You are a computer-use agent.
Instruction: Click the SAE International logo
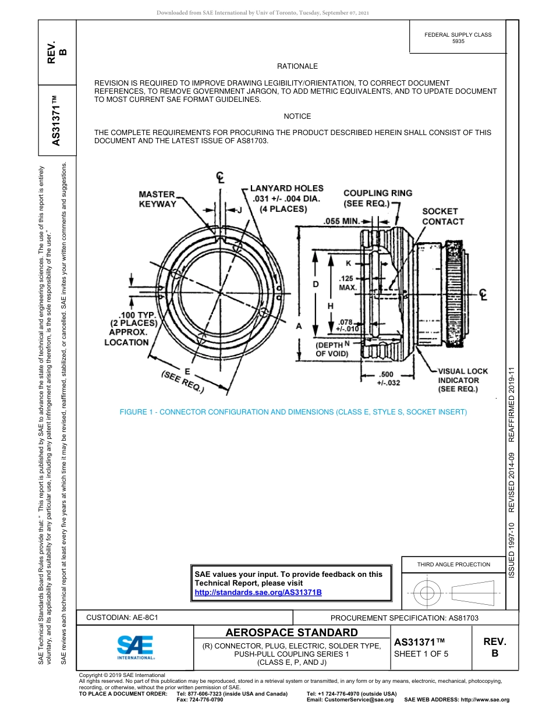(x=136, y=647)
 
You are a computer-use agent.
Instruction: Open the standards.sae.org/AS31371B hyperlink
(x=258, y=592)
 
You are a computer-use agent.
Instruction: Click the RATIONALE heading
(x=297, y=66)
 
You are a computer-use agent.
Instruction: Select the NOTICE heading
(x=297, y=116)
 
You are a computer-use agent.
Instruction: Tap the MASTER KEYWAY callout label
(x=157, y=199)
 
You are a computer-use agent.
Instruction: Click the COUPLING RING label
(x=377, y=198)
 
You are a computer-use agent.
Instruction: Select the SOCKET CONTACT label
(x=443, y=217)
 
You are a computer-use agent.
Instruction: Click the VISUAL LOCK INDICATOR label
(x=463, y=380)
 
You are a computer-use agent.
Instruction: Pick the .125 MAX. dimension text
(x=348, y=283)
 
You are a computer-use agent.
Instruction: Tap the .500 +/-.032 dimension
(x=388, y=379)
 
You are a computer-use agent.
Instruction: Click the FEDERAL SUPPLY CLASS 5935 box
(x=458, y=38)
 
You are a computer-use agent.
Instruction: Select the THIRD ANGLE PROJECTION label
(x=453, y=564)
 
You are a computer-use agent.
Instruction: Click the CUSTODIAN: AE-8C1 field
(x=122, y=617)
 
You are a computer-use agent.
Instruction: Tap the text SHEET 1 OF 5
(x=421, y=654)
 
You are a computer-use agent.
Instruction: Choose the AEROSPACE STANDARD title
(x=292, y=633)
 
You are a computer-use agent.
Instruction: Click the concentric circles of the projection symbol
(x=427, y=593)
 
